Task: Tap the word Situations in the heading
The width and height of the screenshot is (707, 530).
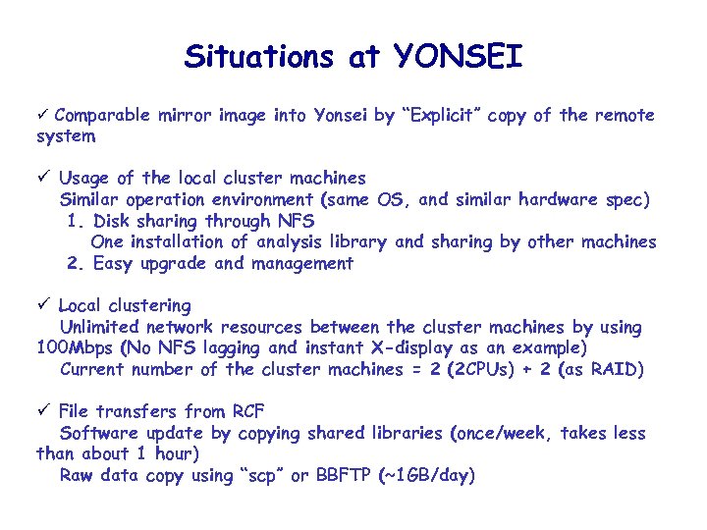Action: coord(258,56)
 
